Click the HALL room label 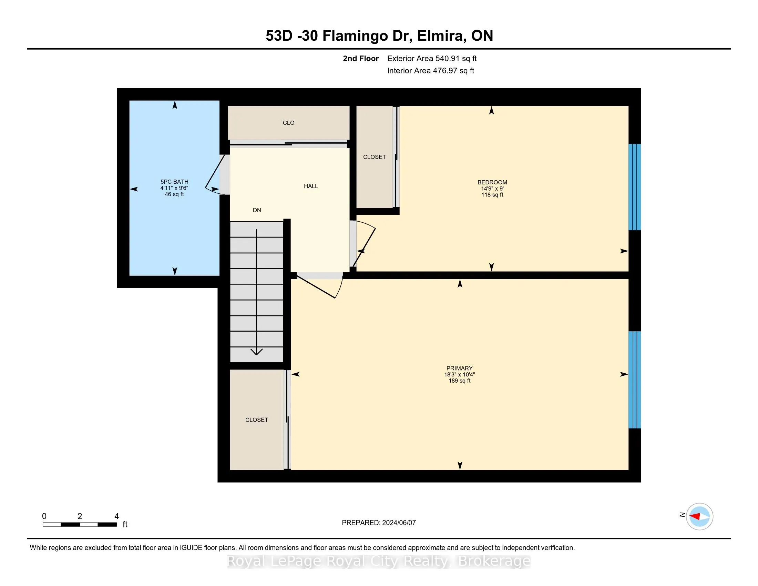click(x=311, y=186)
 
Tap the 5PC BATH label click(x=174, y=182)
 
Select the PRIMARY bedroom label click(x=459, y=368)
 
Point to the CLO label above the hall click(x=288, y=123)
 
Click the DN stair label click(x=257, y=210)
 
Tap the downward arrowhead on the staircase click(x=256, y=352)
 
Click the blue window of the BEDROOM click(x=634, y=187)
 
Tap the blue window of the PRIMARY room click(x=634, y=380)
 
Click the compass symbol click(x=699, y=516)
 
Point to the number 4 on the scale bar click(x=116, y=516)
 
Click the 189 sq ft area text click(x=459, y=381)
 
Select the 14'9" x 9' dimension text click(x=492, y=189)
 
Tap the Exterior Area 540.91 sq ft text click(x=432, y=59)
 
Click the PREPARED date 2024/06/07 click(x=399, y=523)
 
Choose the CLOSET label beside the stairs click(x=256, y=420)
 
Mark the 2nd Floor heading click(x=361, y=59)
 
